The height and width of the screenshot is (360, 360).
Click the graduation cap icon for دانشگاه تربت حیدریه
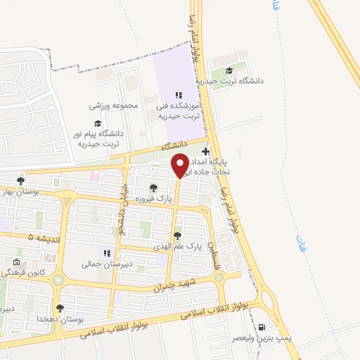[229, 70]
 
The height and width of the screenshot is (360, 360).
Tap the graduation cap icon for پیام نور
[97, 123]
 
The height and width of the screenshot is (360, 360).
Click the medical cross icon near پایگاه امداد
[205, 151]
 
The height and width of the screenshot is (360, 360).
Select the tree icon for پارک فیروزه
[153, 188]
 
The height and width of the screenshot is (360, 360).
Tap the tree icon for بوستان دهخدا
[60, 308]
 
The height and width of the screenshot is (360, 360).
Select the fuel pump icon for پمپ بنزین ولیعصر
[262, 327]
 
